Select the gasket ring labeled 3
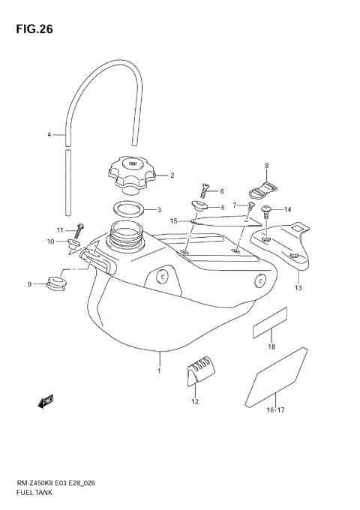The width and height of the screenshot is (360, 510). click(128, 209)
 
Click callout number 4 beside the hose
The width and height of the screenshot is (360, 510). click(49, 135)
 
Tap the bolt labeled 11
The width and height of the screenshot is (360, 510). click(80, 229)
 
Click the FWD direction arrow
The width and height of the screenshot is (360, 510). click(46, 403)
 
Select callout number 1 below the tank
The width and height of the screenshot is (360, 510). click(159, 370)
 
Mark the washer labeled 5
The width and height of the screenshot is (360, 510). click(199, 205)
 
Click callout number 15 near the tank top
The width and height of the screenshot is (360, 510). click(172, 220)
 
